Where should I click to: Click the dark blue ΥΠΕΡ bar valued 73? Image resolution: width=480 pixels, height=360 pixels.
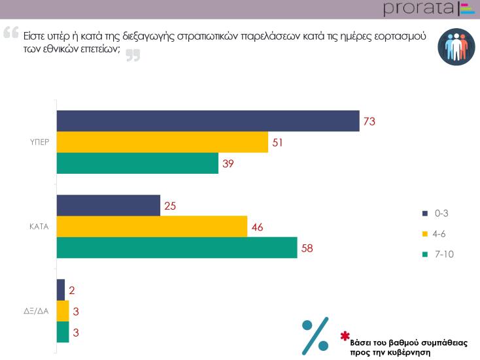coord(208,122)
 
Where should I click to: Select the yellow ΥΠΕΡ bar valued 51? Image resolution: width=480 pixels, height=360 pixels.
coord(162,142)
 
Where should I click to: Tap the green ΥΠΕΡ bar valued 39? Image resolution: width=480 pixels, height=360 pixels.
coord(137,163)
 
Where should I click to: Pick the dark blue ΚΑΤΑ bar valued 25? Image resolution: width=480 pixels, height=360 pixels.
coord(109,205)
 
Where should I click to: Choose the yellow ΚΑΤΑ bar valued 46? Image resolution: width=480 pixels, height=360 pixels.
coord(152,226)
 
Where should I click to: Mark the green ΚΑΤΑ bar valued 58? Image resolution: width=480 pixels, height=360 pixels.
coord(177,248)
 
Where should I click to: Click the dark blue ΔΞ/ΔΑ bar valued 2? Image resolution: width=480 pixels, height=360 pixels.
coord(61,289)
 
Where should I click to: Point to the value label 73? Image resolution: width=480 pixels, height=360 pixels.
coord(371,122)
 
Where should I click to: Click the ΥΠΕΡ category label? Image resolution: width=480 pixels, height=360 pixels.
coord(41,142)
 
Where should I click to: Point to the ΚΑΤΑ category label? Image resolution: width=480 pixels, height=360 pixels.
coord(41,227)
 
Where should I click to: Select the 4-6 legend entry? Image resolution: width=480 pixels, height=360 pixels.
coord(437,234)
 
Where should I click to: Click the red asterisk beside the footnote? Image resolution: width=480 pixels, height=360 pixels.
coord(345,336)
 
